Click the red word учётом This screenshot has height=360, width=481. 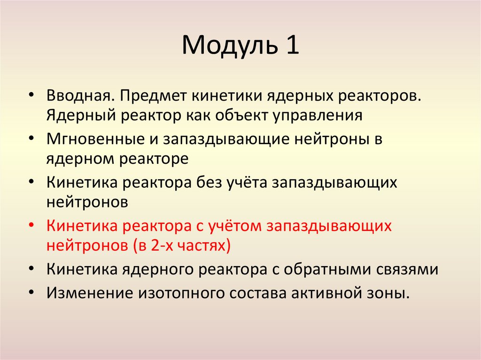pos(231,226)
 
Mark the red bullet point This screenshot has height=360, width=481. pos(31,226)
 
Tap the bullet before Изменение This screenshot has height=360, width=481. pos(31,291)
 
